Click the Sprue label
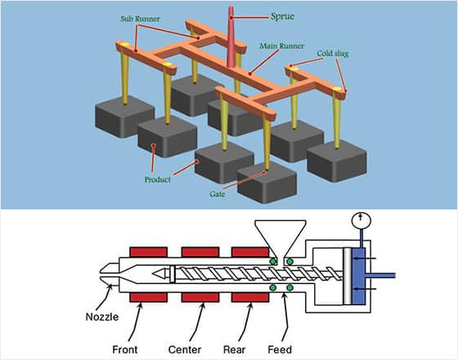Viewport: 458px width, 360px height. pyautogui.click(x=282, y=16)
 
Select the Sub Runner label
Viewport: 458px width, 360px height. pyautogui.click(x=140, y=19)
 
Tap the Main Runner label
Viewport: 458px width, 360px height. pyautogui.click(x=282, y=46)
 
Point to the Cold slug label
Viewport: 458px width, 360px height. pyautogui.click(x=333, y=53)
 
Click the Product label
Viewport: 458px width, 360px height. pyautogui.click(x=157, y=179)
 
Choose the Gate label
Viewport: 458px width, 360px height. pyautogui.click(x=218, y=194)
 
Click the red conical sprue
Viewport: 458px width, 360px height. pyautogui.click(x=231, y=37)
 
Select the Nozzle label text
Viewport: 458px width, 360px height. pyautogui.click(x=102, y=317)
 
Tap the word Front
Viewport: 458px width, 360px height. pyautogui.click(x=124, y=349)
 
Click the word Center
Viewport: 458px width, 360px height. pyautogui.click(x=185, y=349)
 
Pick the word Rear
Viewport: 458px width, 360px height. pyautogui.click(x=234, y=349)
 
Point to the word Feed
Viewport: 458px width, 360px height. pyautogui.click(x=280, y=349)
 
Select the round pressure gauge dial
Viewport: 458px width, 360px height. pyautogui.click(x=361, y=220)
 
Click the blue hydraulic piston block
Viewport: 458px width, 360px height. pyautogui.click(x=359, y=277)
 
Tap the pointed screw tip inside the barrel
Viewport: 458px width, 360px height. pyautogui.click(x=159, y=274)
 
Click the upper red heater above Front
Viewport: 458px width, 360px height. pyautogui.click(x=148, y=252)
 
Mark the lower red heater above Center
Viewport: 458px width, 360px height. pyautogui.click(x=200, y=298)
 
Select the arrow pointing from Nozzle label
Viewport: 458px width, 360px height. pyautogui.click(x=105, y=297)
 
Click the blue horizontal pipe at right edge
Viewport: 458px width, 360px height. pyautogui.click(x=380, y=276)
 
